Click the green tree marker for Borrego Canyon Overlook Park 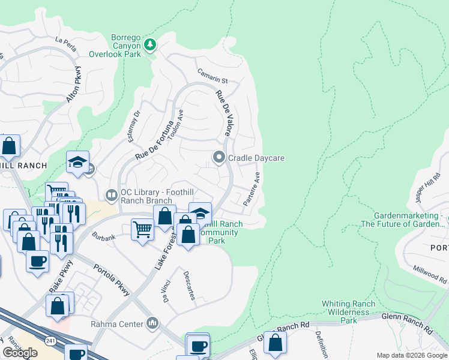[x=150, y=44]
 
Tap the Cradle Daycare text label [x=256, y=158]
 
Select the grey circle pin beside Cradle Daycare [x=219, y=158]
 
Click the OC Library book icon [x=111, y=194]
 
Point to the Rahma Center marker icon [x=152, y=324]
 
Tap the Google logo [x=20, y=353]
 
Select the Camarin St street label [x=213, y=76]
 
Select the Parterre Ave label [x=252, y=190]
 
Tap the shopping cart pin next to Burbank [x=142, y=229]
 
